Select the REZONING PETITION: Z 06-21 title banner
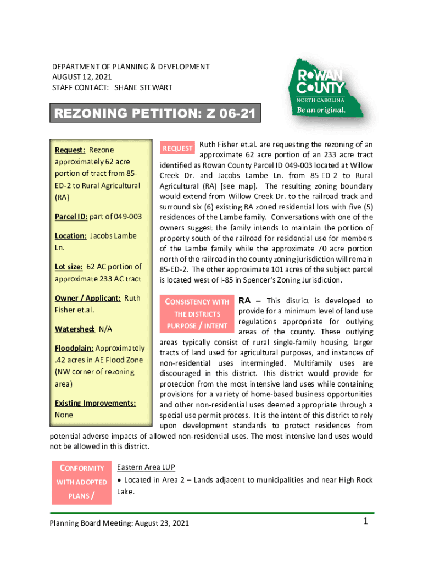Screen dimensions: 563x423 click(x=155, y=114)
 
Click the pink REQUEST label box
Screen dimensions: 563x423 click(x=177, y=148)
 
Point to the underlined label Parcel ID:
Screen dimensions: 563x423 click(x=71, y=217)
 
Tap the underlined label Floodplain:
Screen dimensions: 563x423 click(x=75, y=349)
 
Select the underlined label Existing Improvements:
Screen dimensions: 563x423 click(x=96, y=403)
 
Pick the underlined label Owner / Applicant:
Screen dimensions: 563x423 click(x=88, y=298)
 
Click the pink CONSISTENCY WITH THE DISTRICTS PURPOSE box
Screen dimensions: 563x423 click(x=197, y=314)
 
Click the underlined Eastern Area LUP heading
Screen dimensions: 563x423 click(x=146, y=467)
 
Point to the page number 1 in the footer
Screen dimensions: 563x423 click(x=365, y=522)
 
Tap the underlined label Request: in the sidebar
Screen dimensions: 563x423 click(x=70, y=150)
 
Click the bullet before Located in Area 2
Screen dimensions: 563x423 click(x=120, y=481)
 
